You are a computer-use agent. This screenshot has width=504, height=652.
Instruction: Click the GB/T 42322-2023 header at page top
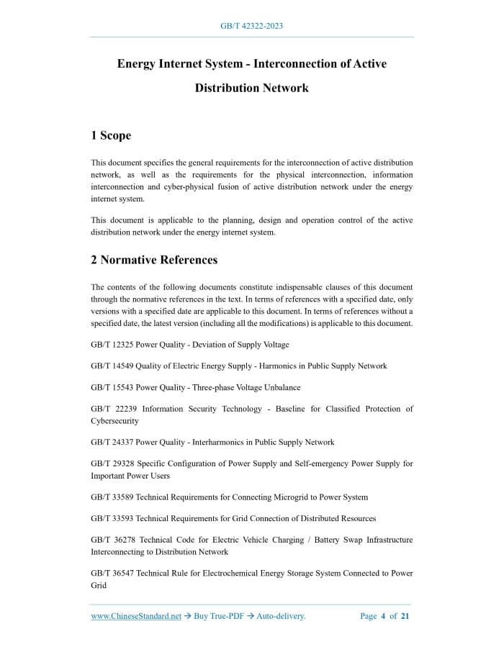251,26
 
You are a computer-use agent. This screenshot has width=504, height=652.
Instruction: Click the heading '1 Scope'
111,135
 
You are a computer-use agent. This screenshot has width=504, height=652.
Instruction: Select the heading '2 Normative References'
154,259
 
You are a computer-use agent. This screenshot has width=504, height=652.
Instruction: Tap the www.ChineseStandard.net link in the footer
136,616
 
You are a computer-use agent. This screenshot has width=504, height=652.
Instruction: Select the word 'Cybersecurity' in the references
114,420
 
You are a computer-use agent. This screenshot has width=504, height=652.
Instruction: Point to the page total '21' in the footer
405,616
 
